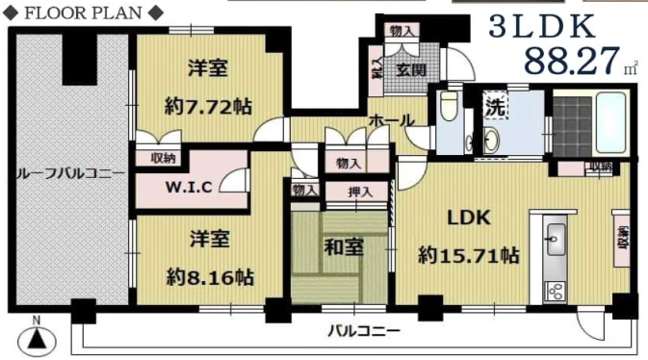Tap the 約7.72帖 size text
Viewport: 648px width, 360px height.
(x=209, y=106)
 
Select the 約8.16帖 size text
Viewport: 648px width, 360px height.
(x=209, y=276)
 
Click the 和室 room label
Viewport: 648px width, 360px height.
(x=343, y=247)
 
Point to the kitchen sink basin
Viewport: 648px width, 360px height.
(x=555, y=235)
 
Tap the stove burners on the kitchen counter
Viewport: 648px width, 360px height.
(x=555, y=288)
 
